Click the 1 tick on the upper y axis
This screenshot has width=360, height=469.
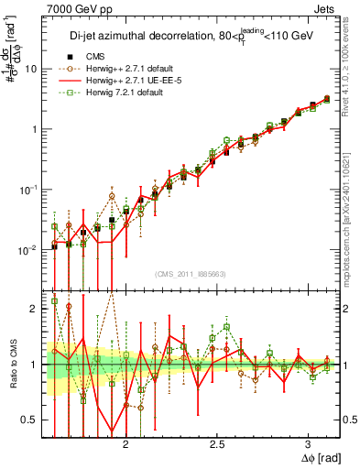(x=34, y=129)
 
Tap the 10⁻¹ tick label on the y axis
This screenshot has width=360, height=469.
(x=29, y=189)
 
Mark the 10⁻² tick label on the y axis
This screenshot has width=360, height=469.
(x=29, y=249)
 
